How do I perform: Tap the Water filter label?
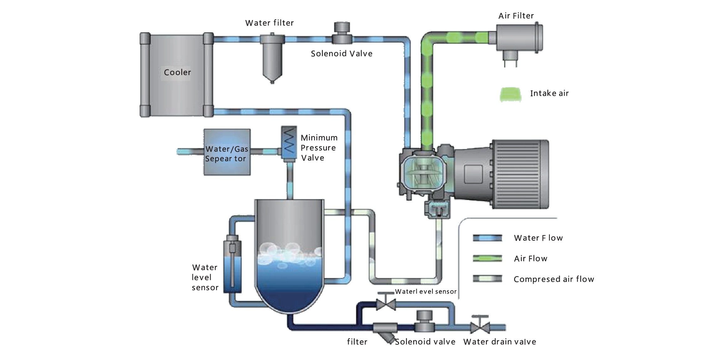(269, 23)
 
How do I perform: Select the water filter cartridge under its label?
(272, 61)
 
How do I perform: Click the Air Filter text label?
(516, 16)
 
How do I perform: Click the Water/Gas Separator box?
(227, 152)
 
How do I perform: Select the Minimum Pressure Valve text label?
(318, 148)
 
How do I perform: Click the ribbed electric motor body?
(517, 174)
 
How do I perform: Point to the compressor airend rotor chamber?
(423, 174)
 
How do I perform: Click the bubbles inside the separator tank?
(290, 252)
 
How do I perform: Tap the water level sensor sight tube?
(232, 266)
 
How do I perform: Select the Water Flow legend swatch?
(487, 238)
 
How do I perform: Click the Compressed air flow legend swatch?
(487, 279)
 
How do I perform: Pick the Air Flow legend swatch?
(487, 259)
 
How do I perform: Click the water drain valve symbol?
(480, 327)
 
